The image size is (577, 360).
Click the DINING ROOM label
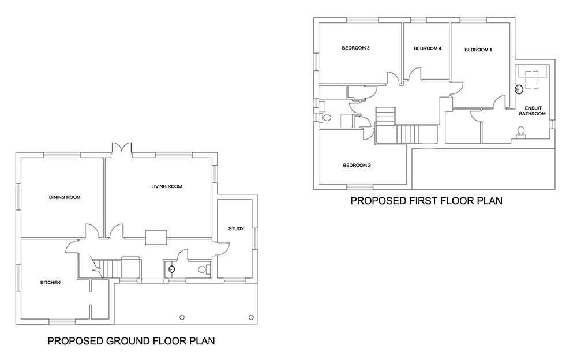[65, 197]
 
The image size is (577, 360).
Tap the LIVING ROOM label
[167, 186]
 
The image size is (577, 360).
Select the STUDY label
[236, 228]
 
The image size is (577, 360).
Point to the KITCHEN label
[50, 283]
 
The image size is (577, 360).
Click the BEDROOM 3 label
[355, 48]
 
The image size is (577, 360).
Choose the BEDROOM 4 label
[427, 48]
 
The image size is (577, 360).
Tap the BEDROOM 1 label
[478, 50]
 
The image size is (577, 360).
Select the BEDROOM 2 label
[357, 165]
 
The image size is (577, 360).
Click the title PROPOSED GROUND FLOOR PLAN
[131, 341]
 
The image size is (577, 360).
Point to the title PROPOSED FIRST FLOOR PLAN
[426, 201]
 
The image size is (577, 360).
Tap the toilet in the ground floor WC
[204, 269]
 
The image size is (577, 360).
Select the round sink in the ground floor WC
[171, 269]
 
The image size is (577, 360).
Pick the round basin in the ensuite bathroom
[519, 89]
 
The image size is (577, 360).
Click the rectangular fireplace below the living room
[156, 238]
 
